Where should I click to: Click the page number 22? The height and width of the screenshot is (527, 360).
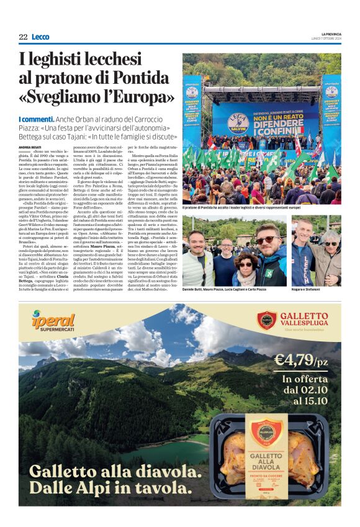tap(23, 37)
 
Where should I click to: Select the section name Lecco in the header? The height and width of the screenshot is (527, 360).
tap(40, 37)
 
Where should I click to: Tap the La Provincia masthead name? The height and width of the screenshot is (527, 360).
tap(331, 34)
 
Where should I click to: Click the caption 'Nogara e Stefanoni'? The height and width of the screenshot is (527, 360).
tap(307, 291)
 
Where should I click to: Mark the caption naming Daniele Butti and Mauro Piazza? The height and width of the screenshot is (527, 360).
tap(232, 291)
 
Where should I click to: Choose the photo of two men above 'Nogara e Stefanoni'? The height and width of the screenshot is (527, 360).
tap(316, 251)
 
